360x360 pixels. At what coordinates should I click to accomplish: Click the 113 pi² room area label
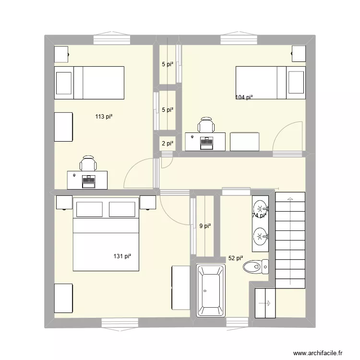point(104,116)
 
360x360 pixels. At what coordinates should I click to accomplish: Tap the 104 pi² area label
point(244,97)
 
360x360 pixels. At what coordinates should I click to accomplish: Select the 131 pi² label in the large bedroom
point(122,256)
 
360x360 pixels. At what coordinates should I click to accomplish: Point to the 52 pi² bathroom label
point(235,258)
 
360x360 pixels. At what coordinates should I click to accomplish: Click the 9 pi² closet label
point(205,226)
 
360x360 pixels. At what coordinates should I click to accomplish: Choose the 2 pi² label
point(167,143)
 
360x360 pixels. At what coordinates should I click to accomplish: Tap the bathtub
point(210,291)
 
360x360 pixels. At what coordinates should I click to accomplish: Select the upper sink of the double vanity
point(260,208)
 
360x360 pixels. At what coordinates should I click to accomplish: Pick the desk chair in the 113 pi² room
point(88,164)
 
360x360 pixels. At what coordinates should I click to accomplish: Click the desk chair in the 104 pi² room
point(206,125)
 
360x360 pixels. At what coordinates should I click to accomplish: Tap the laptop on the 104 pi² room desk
point(207,141)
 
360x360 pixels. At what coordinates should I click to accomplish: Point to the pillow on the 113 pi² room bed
point(64,83)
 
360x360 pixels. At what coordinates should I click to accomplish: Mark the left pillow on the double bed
point(89,209)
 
